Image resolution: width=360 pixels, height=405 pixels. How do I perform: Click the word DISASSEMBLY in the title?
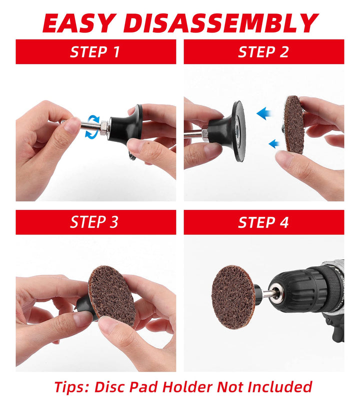(x=221, y=23)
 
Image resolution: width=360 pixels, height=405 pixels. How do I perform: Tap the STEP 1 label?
(x=95, y=51)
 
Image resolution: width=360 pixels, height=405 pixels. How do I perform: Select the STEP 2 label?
(x=263, y=51)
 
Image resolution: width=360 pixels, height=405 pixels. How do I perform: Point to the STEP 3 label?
(x=94, y=222)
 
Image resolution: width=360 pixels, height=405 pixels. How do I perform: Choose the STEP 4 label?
(x=263, y=222)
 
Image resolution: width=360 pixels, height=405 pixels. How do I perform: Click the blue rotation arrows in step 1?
(x=92, y=126)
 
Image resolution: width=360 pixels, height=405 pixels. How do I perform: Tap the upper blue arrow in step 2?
(x=263, y=113)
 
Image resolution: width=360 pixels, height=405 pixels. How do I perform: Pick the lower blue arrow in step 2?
(x=274, y=143)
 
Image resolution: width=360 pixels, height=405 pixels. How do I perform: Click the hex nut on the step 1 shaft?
(x=104, y=127)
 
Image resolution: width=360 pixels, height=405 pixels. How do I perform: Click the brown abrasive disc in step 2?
(x=294, y=124)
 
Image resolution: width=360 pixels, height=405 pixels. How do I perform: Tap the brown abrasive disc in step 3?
(x=111, y=294)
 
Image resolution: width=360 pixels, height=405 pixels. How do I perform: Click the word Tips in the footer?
(x=71, y=387)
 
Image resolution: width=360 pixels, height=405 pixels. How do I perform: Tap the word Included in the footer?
(x=279, y=387)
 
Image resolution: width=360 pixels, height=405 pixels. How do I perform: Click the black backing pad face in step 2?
(x=239, y=131)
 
